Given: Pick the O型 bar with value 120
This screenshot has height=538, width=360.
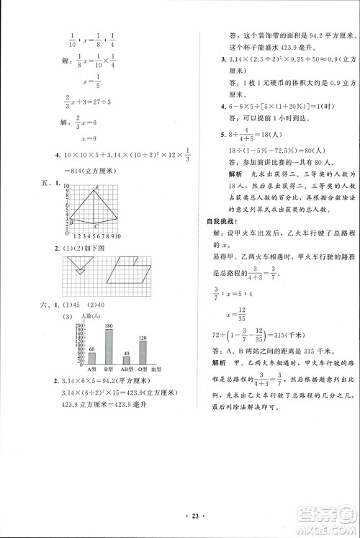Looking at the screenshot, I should tap(143, 352).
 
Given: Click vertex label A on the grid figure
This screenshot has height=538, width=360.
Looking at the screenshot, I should tap(95, 189).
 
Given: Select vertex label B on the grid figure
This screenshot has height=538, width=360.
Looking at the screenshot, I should tap(71, 223).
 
